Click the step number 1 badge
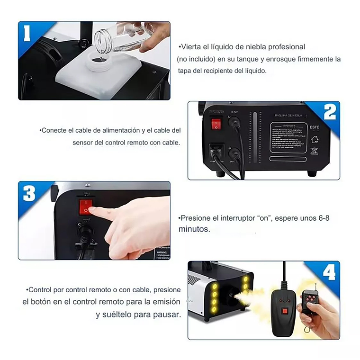[27, 33]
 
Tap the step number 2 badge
[329, 112]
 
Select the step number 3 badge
[29, 193]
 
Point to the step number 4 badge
[329, 272]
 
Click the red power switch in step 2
[216, 124]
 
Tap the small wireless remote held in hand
[310, 301]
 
